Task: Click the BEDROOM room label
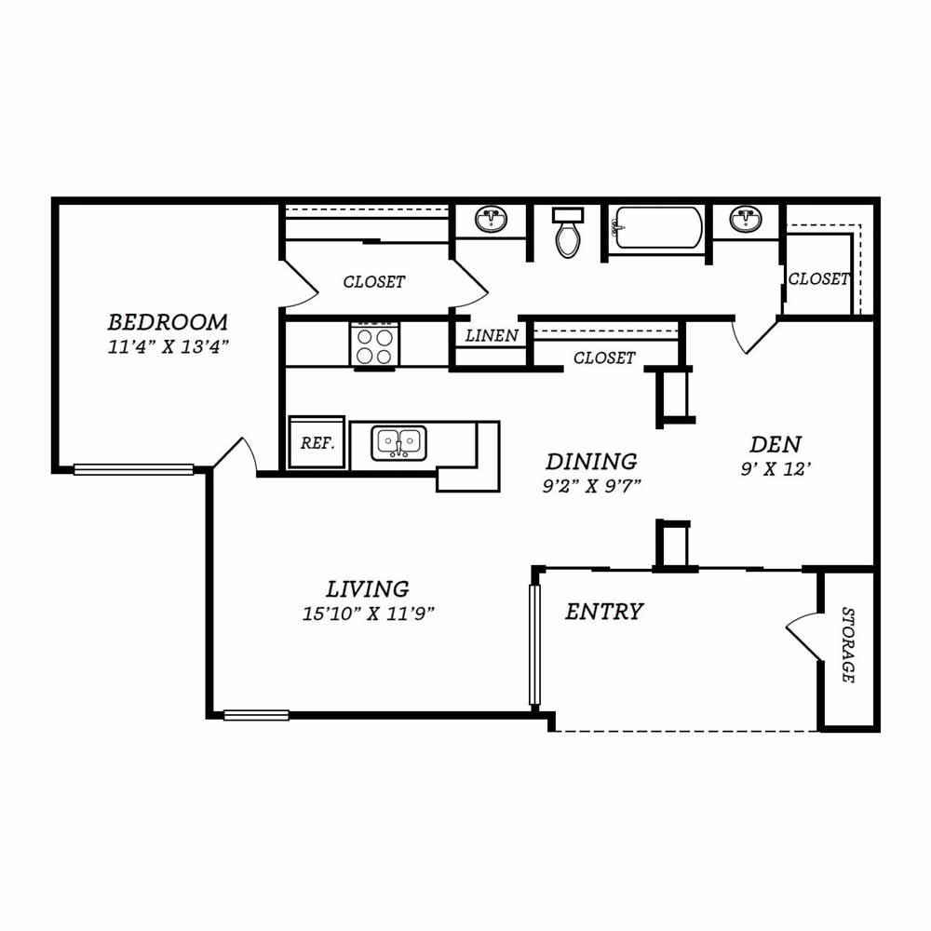(x=168, y=322)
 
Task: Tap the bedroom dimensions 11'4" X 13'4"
(x=168, y=346)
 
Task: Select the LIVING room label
(x=368, y=589)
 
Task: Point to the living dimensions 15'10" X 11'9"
(x=368, y=614)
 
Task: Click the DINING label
(x=591, y=462)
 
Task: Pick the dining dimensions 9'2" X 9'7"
(x=592, y=486)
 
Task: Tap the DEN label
(x=776, y=444)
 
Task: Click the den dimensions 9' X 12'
(x=776, y=469)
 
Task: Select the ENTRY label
(x=604, y=612)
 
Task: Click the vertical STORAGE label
(x=848, y=645)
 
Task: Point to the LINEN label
(x=492, y=335)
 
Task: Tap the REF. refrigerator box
(x=317, y=442)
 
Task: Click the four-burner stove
(x=374, y=346)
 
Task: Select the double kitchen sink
(x=399, y=443)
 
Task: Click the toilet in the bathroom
(x=568, y=232)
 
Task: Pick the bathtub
(x=657, y=228)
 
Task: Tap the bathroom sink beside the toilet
(x=491, y=220)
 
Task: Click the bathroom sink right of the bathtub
(x=746, y=219)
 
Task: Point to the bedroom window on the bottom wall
(x=133, y=469)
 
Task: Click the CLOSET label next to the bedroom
(x=374, y=281)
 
